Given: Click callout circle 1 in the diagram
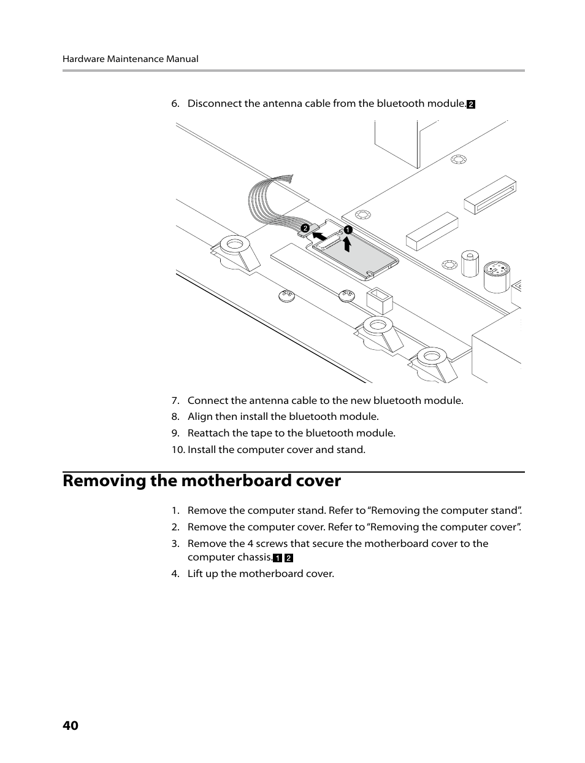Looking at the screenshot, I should (348, 230).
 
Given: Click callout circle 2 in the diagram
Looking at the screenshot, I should (304, 229).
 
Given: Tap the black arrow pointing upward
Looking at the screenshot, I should (348, 245).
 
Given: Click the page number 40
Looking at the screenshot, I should (70, 726).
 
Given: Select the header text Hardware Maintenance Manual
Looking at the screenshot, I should (130, 59).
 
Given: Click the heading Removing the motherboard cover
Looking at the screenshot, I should (201, 481).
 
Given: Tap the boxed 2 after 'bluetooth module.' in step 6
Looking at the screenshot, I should (471, 104).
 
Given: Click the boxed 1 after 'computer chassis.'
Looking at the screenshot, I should (277, 558).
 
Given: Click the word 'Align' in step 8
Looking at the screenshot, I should (200, 416).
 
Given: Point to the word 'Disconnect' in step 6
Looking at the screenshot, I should (214, 103).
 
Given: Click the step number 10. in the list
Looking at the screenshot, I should (178, 449).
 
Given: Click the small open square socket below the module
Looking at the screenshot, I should (378, 300).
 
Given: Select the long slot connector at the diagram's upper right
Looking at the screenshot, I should (490, 195).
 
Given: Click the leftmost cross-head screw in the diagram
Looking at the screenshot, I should (286, 296).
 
